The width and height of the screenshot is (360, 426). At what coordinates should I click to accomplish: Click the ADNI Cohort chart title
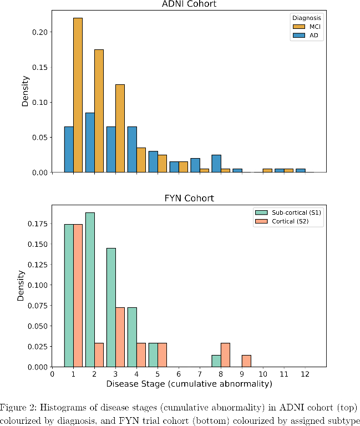189,5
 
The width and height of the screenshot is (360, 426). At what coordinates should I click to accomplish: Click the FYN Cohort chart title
189,198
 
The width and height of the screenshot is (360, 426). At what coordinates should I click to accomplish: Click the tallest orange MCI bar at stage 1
78,95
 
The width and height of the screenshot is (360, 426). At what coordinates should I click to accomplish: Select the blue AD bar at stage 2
90,143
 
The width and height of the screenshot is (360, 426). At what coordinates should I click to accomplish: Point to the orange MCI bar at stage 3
120,128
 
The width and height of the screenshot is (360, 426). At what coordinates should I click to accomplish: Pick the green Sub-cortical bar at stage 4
132,337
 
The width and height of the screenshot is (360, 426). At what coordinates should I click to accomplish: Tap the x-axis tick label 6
179,374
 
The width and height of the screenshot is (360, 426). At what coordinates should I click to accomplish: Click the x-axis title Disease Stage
189,384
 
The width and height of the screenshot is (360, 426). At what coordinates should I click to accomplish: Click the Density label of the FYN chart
21,285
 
